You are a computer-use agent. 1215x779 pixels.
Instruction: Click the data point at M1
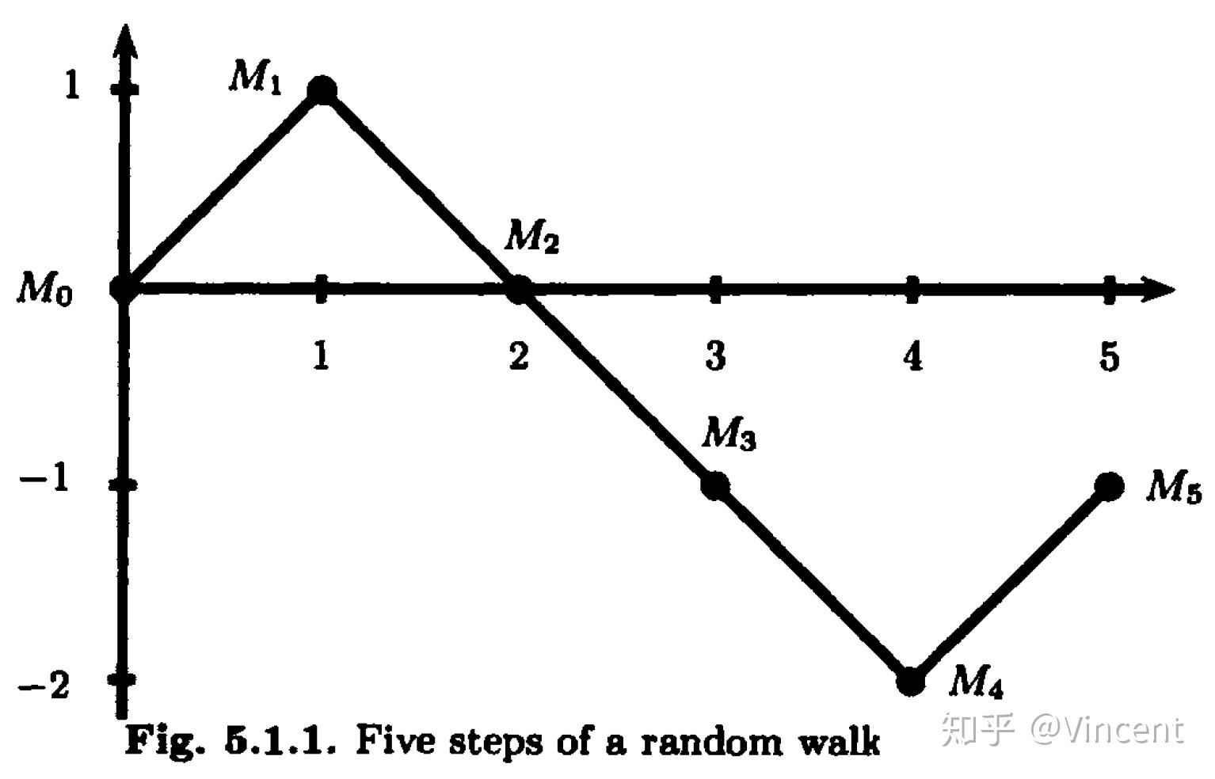(322, 90)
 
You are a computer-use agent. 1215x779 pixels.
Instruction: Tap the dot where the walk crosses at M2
(519, 289)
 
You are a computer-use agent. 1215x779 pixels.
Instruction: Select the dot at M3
(715, 486)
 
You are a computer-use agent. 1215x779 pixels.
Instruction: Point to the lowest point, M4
(911, 681)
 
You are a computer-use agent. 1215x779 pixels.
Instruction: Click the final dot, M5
(1109, 486)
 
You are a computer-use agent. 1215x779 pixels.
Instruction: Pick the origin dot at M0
(124, 289)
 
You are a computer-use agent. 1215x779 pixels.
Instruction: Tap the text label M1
(256, 77)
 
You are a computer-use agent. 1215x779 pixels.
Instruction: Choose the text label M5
(1174, 486)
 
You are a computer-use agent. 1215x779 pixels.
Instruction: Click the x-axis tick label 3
(715, 356)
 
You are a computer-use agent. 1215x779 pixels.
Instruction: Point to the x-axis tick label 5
(1109, 356)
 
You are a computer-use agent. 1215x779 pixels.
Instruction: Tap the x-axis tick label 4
(912, 356)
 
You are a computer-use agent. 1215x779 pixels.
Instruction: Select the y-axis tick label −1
(44, 479)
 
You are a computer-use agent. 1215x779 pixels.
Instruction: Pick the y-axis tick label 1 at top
(72, 85)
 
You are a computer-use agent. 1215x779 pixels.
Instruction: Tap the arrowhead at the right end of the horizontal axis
(1158, 289)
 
